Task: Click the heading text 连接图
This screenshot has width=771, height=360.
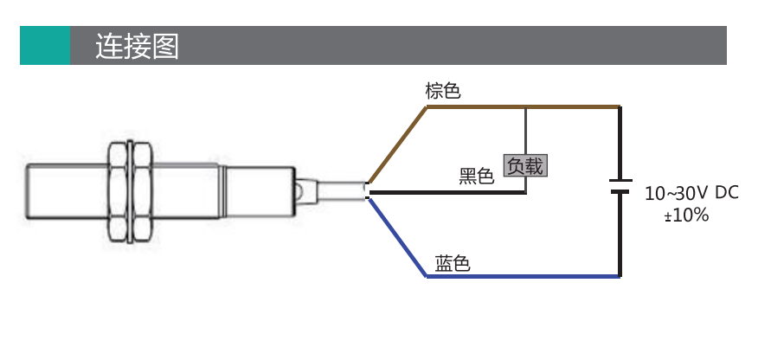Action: [x=137, y=46]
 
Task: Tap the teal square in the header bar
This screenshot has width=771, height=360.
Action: [x=45, y=45]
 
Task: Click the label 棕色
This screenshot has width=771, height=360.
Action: [x=442, y=91]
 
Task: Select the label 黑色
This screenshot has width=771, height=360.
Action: [x=476, y=176]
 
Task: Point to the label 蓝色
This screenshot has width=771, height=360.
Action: [x=453, y=264]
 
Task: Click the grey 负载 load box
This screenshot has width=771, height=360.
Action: [x=525, y=166]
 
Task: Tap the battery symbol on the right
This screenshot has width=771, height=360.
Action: [x=620, y=186]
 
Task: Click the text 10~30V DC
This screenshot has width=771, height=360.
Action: [x=691, y=193]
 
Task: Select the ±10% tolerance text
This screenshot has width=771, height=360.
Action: [x=686, y=215]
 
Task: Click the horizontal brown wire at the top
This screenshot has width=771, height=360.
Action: [x=524, y=106]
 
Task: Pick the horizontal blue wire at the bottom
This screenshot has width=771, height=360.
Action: [x=524, y=276]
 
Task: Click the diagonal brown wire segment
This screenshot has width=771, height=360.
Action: [x=398, y=145]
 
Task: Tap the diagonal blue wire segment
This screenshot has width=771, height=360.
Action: [x=397, y=237]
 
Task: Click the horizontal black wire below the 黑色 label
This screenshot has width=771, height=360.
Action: [x=447, y=192]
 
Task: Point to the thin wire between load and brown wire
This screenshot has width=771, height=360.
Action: [x=525, y=132]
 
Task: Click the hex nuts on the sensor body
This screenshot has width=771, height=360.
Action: [x=131, y=192]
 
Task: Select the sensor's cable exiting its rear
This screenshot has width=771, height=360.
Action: [x=341, y=190]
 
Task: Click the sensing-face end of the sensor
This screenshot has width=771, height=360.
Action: [x=28, y=191]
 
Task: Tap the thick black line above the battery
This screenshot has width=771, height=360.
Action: [x=620, y=143]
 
